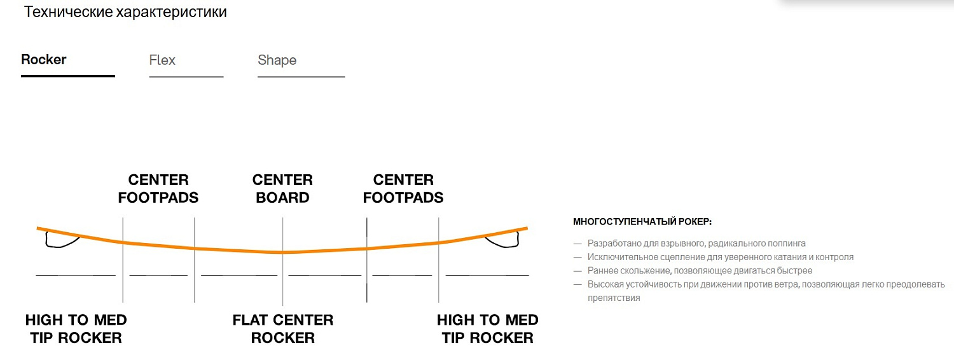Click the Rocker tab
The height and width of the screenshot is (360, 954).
[44, 60]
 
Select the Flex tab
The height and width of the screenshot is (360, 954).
[162, 60]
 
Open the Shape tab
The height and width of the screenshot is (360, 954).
[277, 60]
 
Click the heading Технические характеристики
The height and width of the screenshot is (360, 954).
[125, 12]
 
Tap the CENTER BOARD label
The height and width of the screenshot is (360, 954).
[282, 189]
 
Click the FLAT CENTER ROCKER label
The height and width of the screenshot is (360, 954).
[283, 329]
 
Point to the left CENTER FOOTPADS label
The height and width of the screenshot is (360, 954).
[158, 189]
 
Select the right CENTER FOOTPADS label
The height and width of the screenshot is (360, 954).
[403, 189]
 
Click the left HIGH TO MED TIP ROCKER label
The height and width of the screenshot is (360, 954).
[76, 329]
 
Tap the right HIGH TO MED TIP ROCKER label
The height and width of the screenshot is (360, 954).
[488, 329]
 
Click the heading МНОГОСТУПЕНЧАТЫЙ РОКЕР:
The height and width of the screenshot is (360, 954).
[642, 222]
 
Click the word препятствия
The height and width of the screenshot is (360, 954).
[614, 298]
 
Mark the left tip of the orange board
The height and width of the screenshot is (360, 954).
[38, 228]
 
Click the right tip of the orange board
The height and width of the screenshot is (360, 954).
[527, 228]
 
